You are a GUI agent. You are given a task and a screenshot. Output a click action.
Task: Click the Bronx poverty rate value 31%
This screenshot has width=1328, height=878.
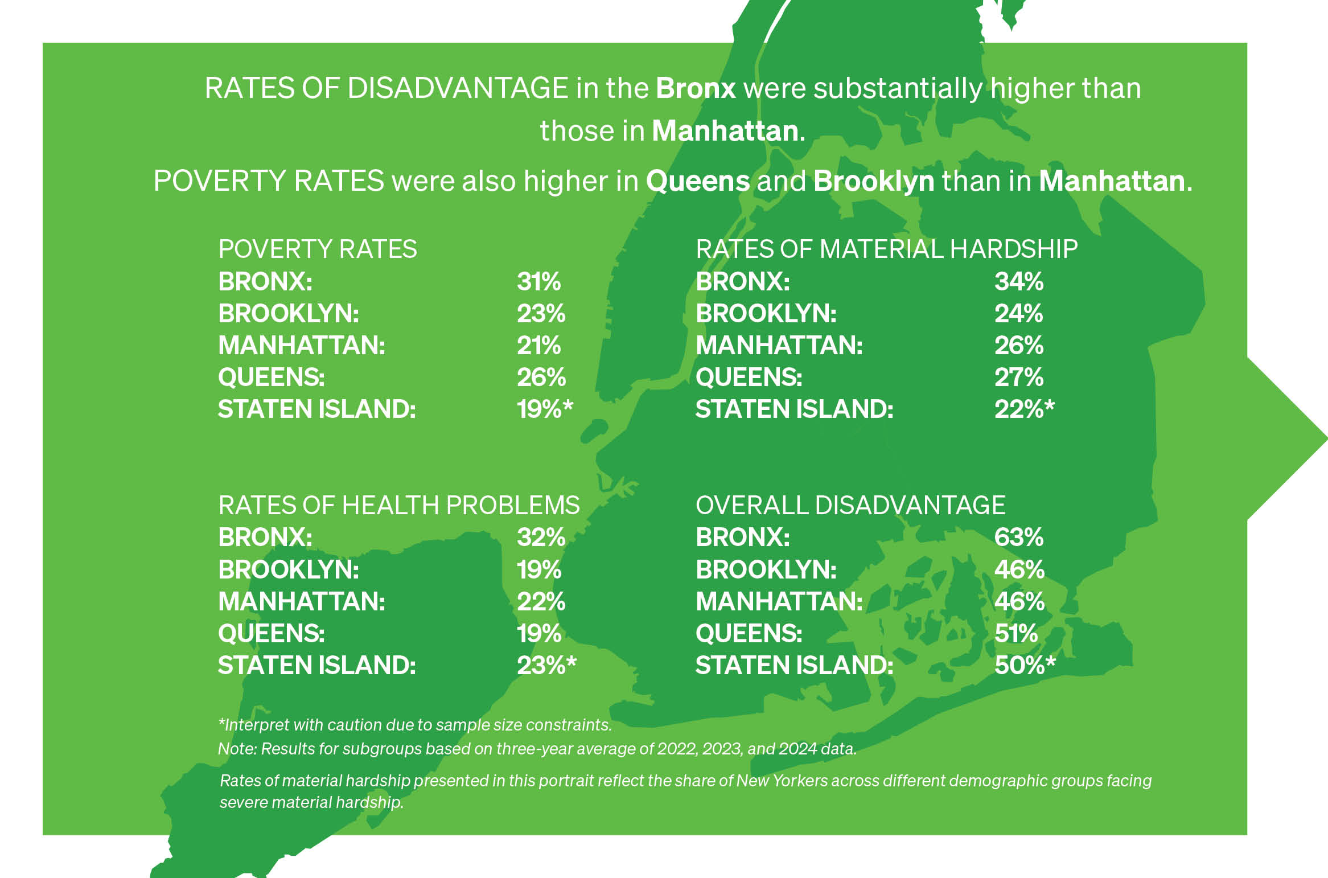coord(538,282)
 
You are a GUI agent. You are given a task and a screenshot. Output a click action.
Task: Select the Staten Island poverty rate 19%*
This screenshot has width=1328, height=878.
coord(544,409)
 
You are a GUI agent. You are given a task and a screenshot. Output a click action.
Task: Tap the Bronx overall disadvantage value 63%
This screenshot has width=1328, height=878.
coord(1018,538)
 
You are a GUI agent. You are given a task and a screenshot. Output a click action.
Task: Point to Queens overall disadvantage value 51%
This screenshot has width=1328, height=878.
coord(1015,634)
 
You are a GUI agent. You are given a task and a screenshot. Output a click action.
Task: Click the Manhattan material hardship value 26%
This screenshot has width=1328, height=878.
coord(1018,346)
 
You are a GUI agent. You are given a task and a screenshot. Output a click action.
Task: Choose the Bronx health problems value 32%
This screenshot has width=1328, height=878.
coord(541,538)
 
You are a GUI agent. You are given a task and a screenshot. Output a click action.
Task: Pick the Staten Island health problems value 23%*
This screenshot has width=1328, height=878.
coord(546,666)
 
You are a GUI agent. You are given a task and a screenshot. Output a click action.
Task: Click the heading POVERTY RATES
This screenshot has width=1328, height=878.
coord(318,249)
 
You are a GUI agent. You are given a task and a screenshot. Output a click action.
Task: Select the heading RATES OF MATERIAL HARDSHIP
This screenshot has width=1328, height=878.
coord(886,249)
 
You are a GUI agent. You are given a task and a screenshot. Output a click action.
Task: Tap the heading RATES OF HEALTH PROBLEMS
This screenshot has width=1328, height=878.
coord(398,506)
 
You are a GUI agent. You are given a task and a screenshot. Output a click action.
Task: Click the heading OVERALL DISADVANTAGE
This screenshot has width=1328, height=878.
coord(850,506)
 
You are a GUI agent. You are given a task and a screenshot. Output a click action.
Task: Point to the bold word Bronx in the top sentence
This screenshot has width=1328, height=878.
coord(696,89)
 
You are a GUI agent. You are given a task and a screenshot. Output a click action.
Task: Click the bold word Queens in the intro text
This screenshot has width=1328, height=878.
coord(697,182)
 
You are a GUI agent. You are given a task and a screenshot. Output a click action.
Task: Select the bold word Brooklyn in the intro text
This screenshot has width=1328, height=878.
coord(874,182)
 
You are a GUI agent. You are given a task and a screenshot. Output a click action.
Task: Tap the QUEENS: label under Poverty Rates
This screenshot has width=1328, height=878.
coord(271,378)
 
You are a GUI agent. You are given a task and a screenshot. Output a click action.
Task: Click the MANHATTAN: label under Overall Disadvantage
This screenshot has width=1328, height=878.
coord(779,602)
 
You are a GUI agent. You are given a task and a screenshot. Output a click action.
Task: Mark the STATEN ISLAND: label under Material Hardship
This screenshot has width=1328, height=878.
coord(794,409)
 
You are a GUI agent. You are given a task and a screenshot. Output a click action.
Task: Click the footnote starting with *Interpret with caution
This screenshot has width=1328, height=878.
coord(415,725)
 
